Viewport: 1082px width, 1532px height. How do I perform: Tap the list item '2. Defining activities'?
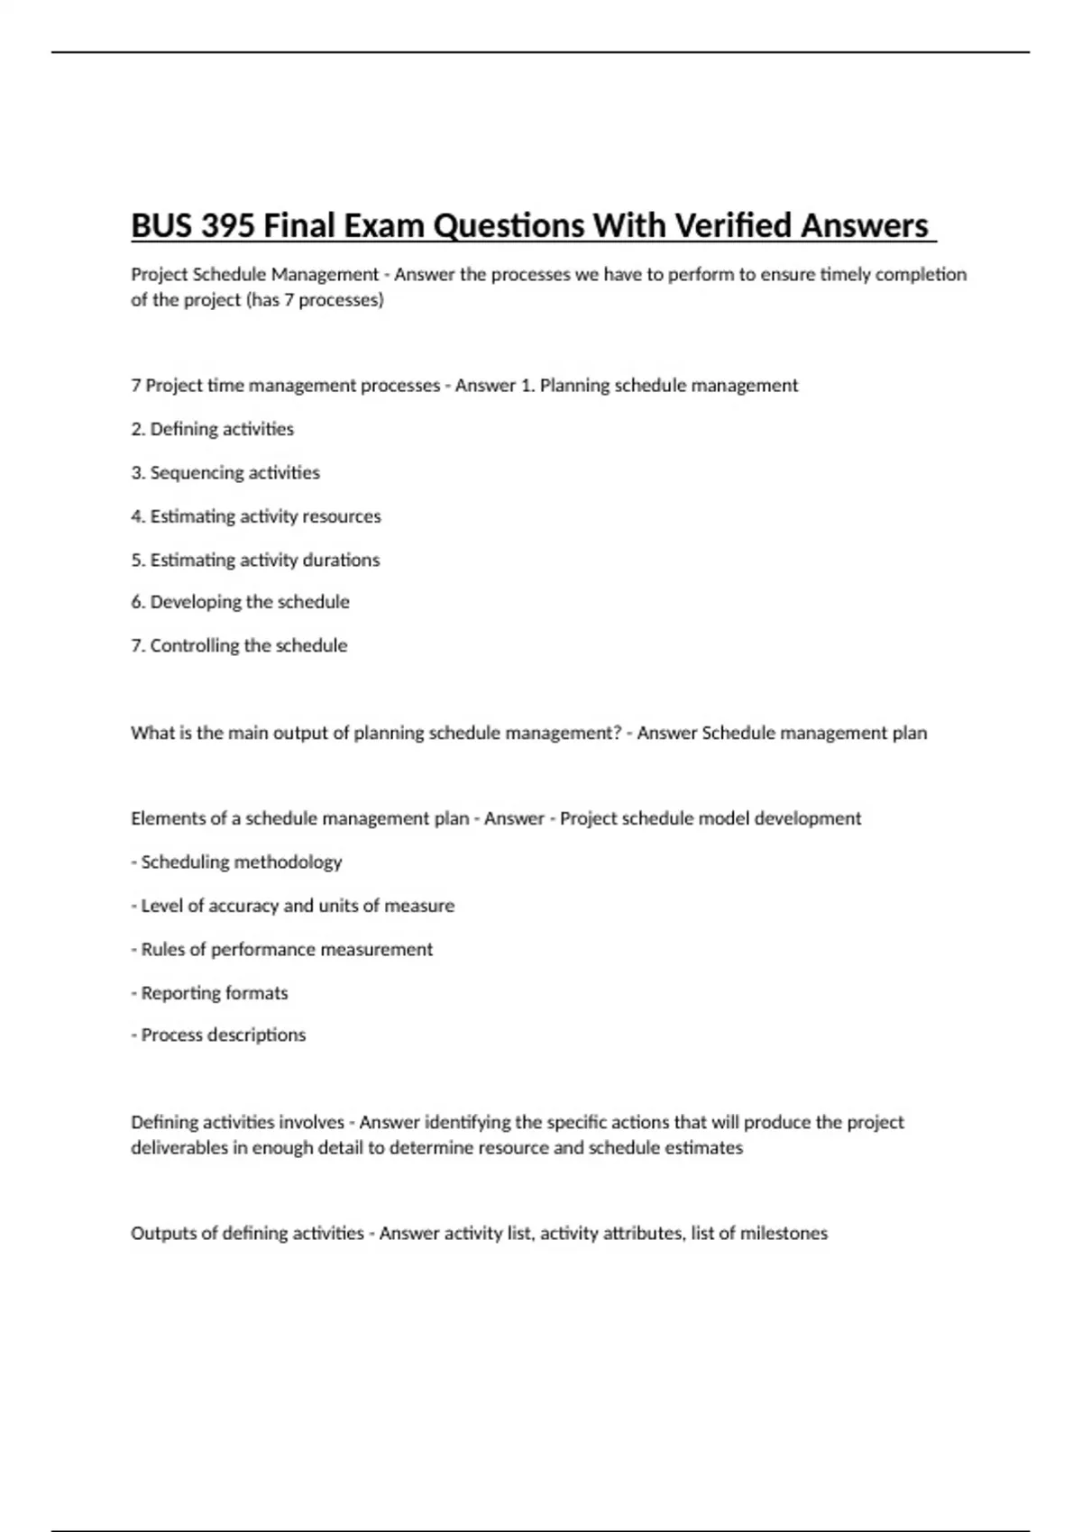[213, 429]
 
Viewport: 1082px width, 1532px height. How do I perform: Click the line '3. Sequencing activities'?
[225, 472]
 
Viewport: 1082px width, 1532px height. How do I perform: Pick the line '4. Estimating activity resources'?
[256, 516]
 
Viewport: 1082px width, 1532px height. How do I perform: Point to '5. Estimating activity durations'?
[255, 560]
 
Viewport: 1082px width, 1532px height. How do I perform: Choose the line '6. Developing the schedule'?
[240, 602]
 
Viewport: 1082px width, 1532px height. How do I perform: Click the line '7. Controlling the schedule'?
[239, 645]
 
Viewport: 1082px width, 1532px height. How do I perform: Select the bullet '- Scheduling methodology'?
[236, 862]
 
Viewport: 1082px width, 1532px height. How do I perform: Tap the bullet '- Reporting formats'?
[209, 992]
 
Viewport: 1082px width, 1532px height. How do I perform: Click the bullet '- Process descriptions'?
[218, 1035]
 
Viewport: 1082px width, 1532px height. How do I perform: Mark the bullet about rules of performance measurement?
[281, 949]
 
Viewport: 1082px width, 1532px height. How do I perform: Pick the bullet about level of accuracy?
[292, 906]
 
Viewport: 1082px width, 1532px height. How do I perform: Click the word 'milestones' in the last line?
[784, 1233]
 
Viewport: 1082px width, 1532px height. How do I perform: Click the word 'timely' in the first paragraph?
[845, 274]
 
